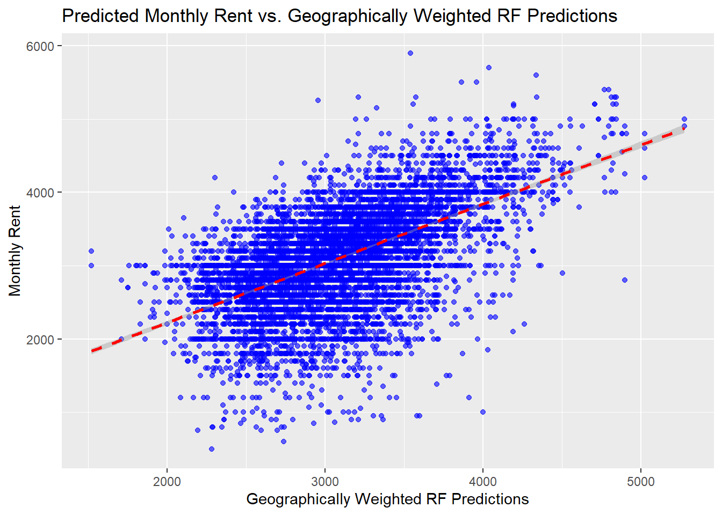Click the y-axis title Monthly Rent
coord(15,251)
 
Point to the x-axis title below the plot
coord(387,499)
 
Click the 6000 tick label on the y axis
coord(40,46)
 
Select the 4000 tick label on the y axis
coord(40,193)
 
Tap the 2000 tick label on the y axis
coord(40,340)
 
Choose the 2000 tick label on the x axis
coord(167,481)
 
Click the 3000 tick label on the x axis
coord(325,481)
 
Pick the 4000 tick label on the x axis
coord(483,481)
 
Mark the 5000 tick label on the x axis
coord(641,481)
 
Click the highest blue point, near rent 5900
coord(410,53)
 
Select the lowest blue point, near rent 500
coord(212,449)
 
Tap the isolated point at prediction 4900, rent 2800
coord(625,280)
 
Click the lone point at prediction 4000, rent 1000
coord(483,412)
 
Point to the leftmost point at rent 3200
coord(91,251)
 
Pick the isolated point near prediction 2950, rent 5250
coord(317,100)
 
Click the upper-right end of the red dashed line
coord(683,129)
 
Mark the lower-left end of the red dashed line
coord(92,351)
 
